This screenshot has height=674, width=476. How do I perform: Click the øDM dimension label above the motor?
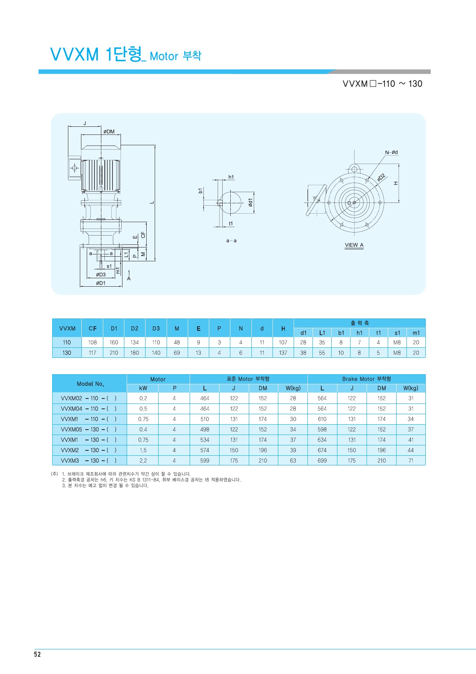109,131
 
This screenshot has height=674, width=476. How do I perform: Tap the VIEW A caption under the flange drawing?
354,245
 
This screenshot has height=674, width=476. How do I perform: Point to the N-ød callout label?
392,153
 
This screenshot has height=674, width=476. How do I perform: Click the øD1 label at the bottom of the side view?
101,283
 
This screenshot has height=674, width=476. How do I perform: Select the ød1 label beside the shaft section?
250,203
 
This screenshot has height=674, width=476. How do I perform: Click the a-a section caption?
231,241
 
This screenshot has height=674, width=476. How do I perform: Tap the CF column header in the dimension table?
93,329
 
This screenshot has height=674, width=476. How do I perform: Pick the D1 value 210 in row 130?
114,353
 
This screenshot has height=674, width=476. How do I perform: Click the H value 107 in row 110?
283,342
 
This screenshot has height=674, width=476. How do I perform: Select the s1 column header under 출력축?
397,333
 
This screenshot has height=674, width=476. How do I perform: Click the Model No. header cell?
90,384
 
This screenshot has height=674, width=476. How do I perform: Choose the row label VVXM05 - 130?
80,430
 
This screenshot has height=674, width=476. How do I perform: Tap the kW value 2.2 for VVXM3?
143,461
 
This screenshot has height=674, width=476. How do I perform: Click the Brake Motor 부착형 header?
367,379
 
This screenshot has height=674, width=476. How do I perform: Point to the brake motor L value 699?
322,461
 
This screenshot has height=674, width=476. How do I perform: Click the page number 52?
37,654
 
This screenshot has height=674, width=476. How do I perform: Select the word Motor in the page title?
164,56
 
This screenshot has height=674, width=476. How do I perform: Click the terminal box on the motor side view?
74,168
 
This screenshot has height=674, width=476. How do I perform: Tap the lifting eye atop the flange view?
354,169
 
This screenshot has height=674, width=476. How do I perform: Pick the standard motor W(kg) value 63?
293,461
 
